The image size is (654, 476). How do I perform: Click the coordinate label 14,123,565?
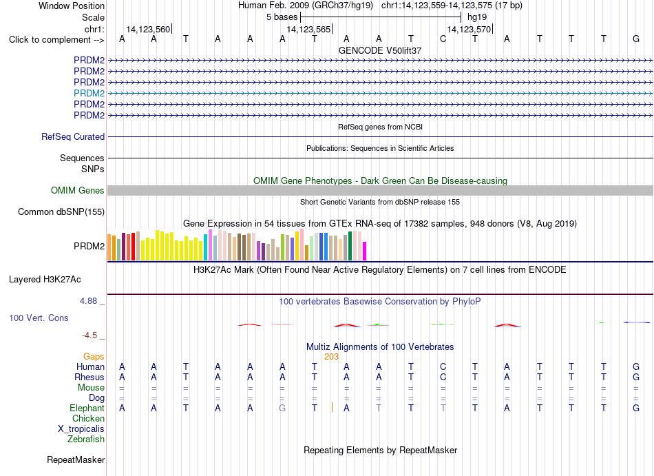click(308, 29)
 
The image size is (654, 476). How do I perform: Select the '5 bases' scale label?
click(282, 17)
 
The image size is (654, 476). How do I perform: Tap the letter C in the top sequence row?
click(443, 39)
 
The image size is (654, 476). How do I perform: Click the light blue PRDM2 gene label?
click(89, 93)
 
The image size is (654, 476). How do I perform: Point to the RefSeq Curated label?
click(73, 137)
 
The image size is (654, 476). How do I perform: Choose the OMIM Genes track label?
click(78, 191)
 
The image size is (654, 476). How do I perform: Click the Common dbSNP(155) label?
click(61, 212)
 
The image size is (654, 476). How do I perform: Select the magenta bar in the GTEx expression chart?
click(364, 251)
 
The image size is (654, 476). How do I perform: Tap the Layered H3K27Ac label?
click(45, 280)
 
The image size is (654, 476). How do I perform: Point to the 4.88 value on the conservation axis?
click(88, 301)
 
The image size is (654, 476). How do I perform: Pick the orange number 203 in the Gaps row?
click(331, 357)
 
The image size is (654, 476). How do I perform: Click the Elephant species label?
click(87, 408)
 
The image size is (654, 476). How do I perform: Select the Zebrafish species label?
click(86, 439)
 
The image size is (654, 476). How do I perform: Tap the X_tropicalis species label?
click(81, 429)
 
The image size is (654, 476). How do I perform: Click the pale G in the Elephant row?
click(282, 408)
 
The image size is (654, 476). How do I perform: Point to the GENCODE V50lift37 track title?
click(380, 50)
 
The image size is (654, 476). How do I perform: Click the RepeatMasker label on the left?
click(76, 459)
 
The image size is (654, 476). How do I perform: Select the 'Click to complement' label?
click(56, 40)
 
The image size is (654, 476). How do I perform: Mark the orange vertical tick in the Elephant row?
click(332, 407)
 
